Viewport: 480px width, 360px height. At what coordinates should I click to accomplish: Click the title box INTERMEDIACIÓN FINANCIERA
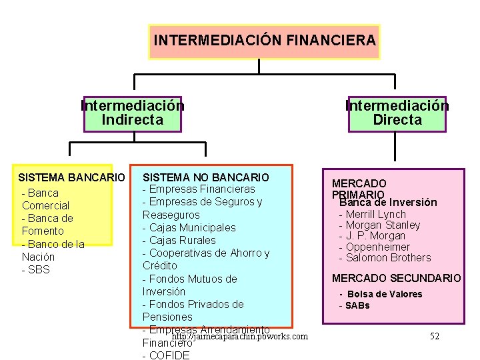pyautogui.click(x=265, y=41)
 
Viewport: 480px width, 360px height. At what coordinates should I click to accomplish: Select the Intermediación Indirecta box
pyautogui.click(x=133, y=113)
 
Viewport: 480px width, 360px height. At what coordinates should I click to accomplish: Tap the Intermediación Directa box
pyautogui.click(x=397, y=113)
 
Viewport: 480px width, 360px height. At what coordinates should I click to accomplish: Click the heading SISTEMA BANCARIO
pyautogui.click(x=71, y=178)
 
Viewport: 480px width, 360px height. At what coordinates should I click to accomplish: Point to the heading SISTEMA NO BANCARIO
pyautogui.click(x=206, y=177)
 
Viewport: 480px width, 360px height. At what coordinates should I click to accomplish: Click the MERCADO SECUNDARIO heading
pyautogui.click(x=396, y=278)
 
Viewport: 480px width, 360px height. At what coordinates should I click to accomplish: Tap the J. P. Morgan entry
pyautogui.click(x=371, y=236)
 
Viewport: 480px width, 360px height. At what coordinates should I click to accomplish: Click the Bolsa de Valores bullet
pyautogui.click(x=381, y=294)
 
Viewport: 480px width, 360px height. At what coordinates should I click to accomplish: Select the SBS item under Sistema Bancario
pyautogui.click(x=36, y=269)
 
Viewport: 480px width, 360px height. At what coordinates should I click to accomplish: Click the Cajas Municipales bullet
pyautogui.click(x=189, y=227)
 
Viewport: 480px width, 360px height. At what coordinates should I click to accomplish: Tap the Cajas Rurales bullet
pyautogui.click(x=179, y=240)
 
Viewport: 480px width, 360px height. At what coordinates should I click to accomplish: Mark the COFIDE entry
pyautogui.click(x=166, y=355)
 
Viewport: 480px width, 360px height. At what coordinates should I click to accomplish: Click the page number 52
pyautogui.click(x=435, y=336)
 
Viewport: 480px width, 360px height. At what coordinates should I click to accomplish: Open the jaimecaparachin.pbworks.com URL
pyautogui.click(x=239, y=337)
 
